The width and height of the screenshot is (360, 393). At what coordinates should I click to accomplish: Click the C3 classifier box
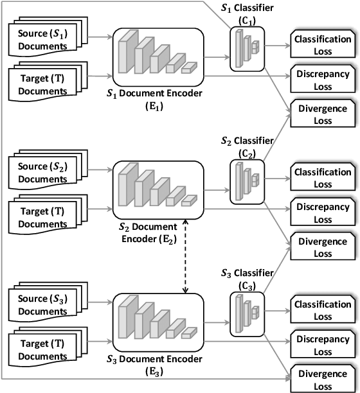247,313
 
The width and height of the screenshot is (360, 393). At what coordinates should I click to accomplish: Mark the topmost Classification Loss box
321,44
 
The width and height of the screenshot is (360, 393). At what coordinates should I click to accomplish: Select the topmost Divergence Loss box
321,114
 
